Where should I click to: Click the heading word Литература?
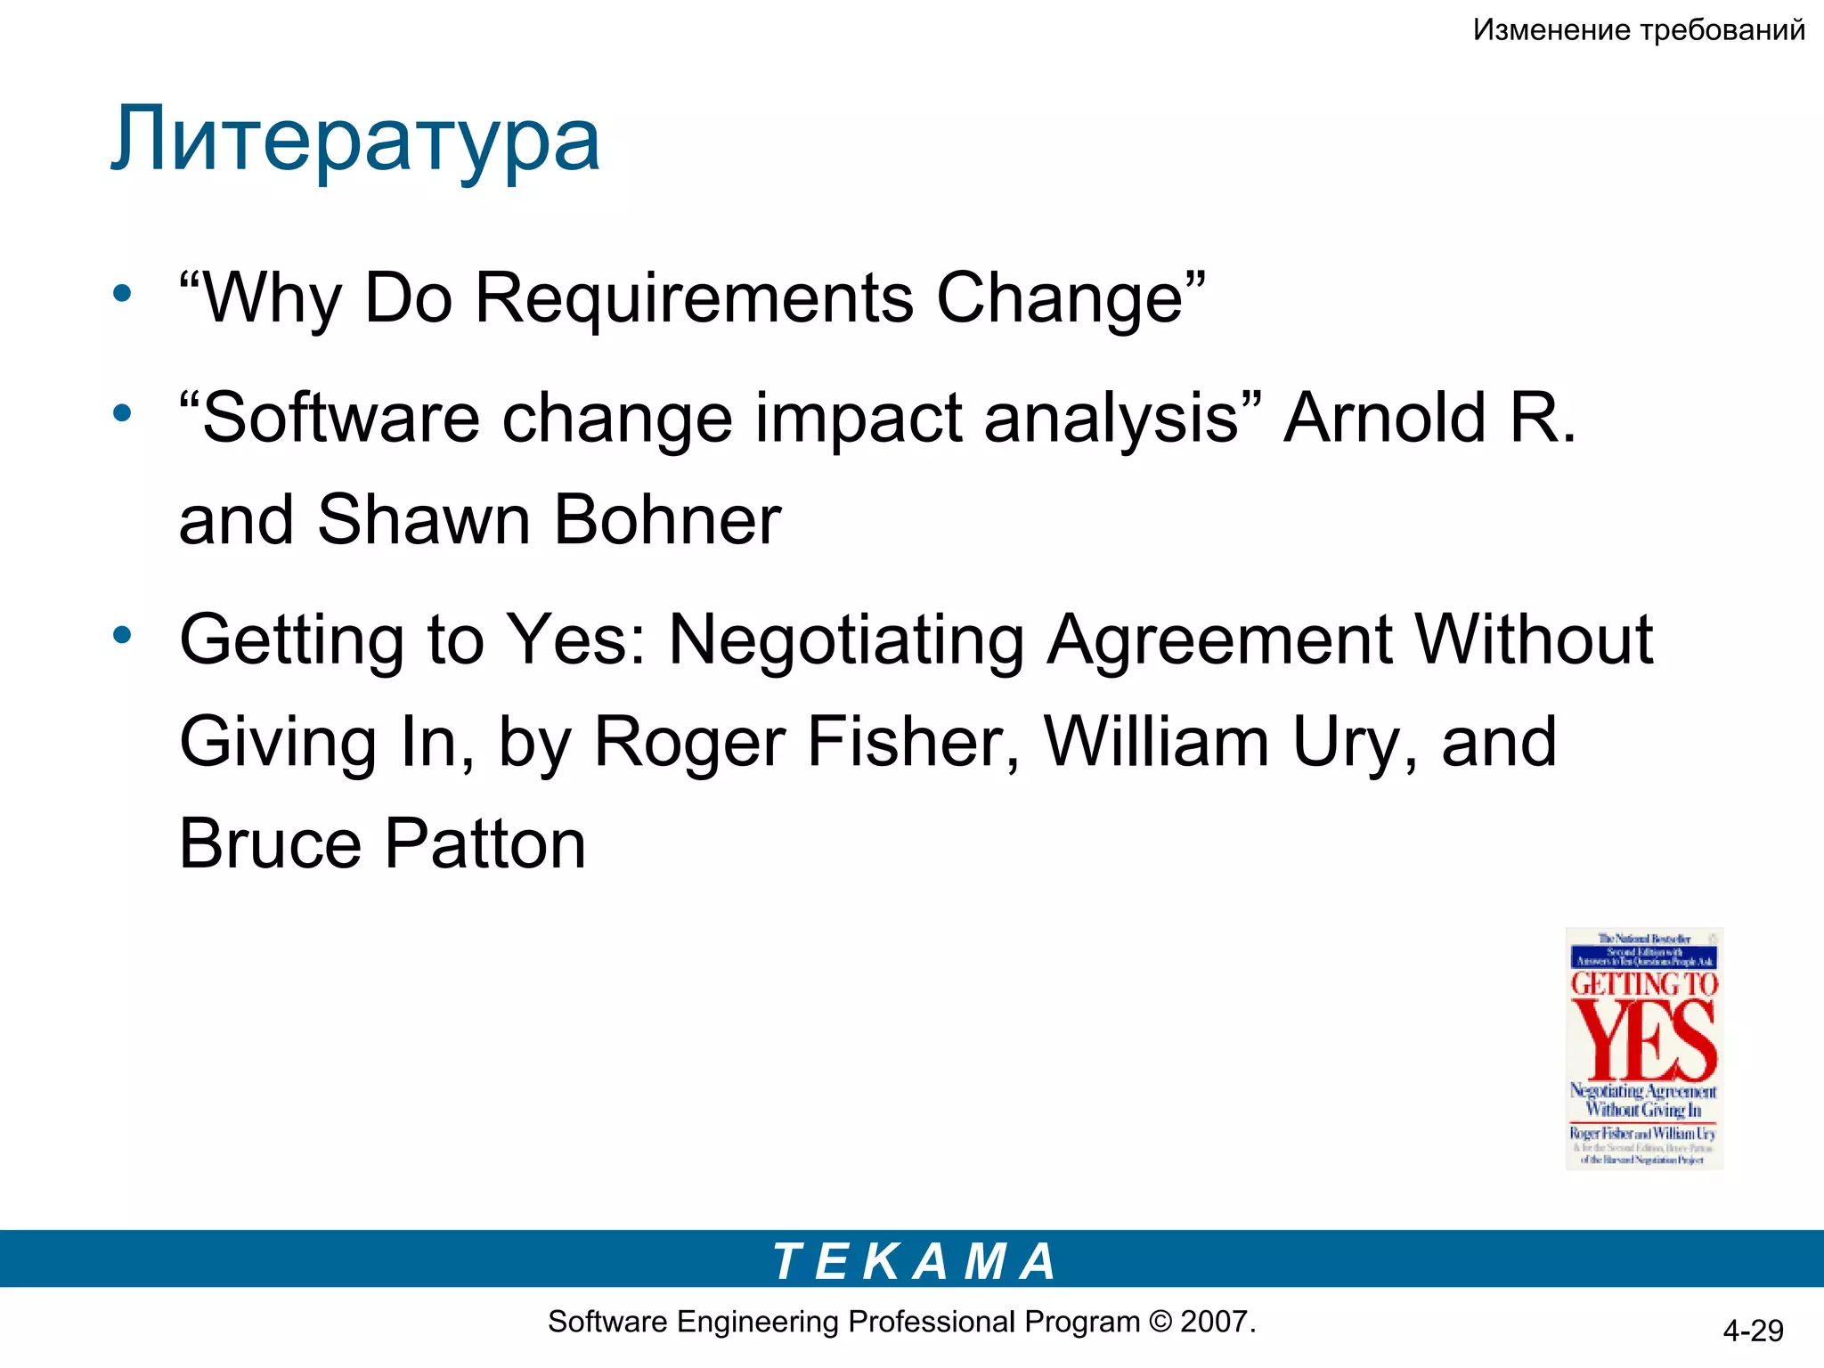pos(355,140)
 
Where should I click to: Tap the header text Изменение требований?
pos(1639,30)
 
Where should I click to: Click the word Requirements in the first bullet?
pos(695,297)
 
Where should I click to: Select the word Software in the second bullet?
pos(341,418)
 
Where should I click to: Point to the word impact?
pos(859,418)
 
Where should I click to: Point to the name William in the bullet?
pos(1157,742)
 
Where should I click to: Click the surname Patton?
pos(485,844)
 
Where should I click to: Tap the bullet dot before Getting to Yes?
pos(122,636)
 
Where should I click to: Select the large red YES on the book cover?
pos(1644,1038)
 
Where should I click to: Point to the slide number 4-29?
pos(1753,1331)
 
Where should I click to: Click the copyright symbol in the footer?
pos(1160,1322)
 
